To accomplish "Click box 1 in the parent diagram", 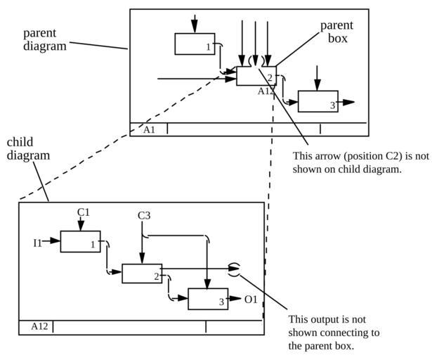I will pyautogui.click(x=195, y=44).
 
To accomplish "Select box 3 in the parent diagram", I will pyautogui.click(x=318, y=101).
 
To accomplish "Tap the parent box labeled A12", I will pyautogui.click(x=256, y=76).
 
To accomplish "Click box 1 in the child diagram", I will pyautogui.click(x=80, y=241).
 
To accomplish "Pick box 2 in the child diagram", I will pyautogui.click(x=142, y=273).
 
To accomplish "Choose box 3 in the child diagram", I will pyautogui.click(x=207, y=299).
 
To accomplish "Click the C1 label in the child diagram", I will pyautogui.click(x=84, y=211).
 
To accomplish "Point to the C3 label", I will pyautogui.click(x=143, y=216).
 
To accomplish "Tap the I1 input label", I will pyautogui.click(x=38, y=243).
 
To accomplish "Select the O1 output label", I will pyautogui.click(x=251, y=300).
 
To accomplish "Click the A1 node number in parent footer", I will pyautogui.click(x=150, y=129).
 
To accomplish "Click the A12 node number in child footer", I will pyautogui.click(x=39, y=326).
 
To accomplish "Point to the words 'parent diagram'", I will pyautogui.click(x=45, y=39).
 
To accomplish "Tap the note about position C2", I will pyautogui.click(x=360, y=163).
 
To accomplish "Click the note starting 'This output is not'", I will pyautogui.click(x=334, y=332).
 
